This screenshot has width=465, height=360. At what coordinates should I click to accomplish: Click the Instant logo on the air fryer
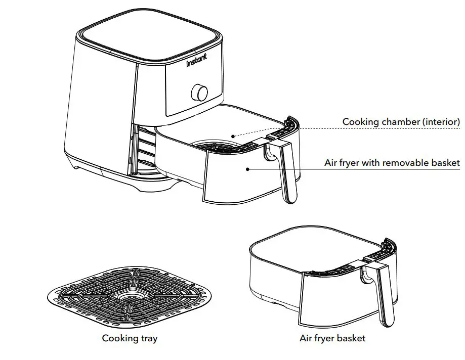[197, 63]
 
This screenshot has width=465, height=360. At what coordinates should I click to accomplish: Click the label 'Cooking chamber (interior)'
[401, 122]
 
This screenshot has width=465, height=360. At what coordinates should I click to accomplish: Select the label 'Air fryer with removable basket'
[392, 163]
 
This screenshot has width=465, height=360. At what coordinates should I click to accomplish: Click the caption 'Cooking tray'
[130, 338]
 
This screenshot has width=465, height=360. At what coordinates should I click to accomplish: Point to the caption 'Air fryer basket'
[332, 338]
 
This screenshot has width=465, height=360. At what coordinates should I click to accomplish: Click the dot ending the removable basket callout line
[247, 169]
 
